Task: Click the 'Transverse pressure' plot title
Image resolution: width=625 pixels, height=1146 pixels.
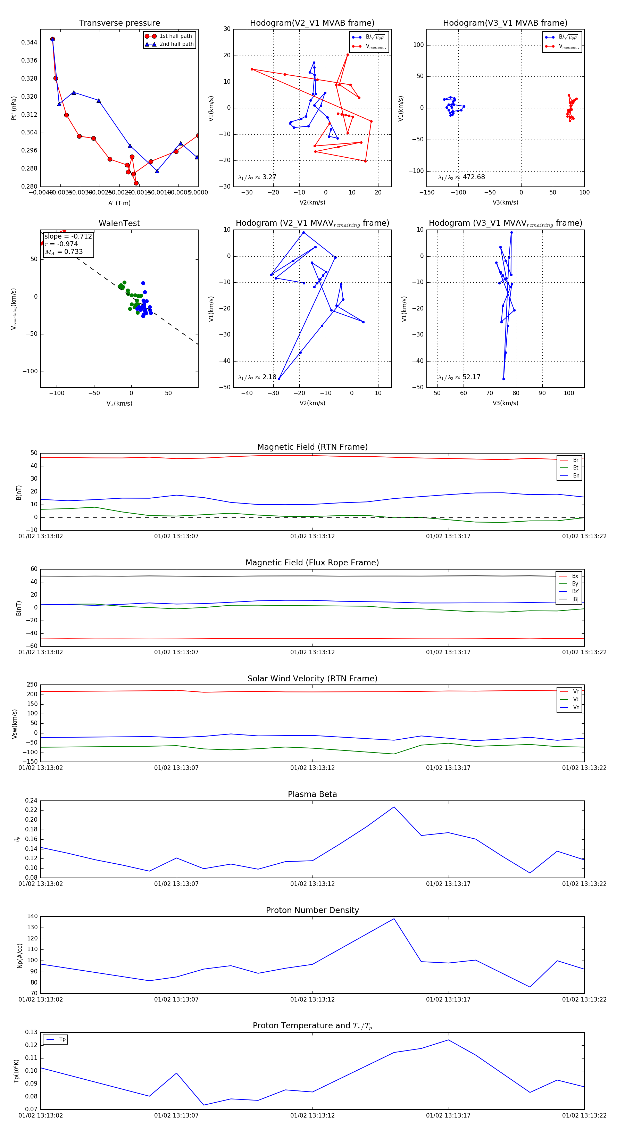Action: (x=119, y=23)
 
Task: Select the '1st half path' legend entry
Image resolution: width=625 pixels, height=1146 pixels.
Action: (x=175, y=36)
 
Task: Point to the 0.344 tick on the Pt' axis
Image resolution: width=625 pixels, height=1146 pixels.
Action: (x=30, y=43)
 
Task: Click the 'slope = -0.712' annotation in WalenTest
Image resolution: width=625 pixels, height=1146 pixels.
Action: (x=68, y=236)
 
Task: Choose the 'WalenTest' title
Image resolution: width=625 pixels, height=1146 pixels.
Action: (x=119, y=223)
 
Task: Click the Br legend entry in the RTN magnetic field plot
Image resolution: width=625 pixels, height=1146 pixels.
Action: (x=576, y=460)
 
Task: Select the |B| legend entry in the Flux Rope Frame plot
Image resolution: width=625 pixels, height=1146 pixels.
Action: (x=575, y=599)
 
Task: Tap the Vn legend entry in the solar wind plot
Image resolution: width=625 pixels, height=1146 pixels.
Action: (x=576, y=707)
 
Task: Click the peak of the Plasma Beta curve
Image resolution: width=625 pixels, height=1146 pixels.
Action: (x=394, y=807)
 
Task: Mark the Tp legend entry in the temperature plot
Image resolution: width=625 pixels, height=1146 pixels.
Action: (x=62, y=1039)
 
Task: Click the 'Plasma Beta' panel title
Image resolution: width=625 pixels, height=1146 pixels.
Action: (x=312, y=794)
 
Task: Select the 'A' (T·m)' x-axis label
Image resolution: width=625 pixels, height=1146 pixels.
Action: (x=119, y=203)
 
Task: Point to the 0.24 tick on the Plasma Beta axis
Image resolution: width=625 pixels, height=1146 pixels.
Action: (x=31, y=801)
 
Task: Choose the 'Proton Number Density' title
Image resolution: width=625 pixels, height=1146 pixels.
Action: (x=312, y=910)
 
